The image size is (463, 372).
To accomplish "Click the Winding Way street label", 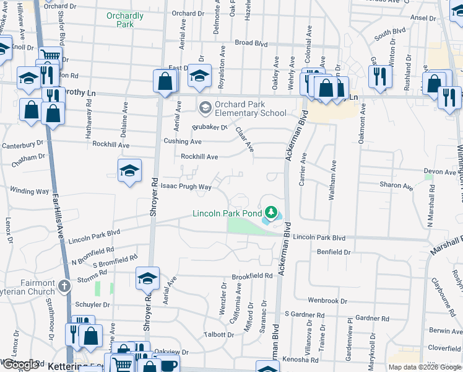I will [x=29, y=192].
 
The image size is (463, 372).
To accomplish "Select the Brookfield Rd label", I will [x=252, y=275].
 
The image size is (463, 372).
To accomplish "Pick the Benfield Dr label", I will [x=334, y=252].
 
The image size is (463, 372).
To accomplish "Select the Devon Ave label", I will [x=439, y=171].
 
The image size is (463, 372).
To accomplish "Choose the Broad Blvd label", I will [x=251, y=44].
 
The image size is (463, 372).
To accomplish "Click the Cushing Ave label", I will [x=182, y=142].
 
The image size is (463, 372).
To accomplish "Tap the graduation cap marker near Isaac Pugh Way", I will [x=130, y=170].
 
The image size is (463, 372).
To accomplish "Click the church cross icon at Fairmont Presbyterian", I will [x=64, y=286].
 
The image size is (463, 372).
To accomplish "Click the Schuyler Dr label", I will [x=92, y=305].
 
